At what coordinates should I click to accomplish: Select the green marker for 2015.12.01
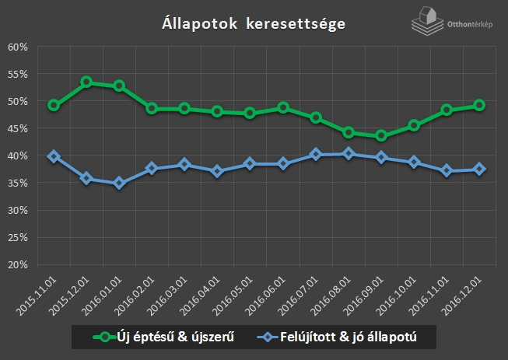click(x=86, y=82)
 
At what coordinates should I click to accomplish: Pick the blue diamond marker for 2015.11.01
click(x=54, y=156)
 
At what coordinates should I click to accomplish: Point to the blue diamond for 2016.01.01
click(x=119, y=183)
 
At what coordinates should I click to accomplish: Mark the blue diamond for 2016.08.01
click(x=349, y=154)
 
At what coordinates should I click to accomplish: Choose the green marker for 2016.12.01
click(x=480, y=105)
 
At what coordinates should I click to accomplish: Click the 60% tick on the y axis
click(x=18, y=47)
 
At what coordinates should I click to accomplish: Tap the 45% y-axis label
click(x=18, y=128)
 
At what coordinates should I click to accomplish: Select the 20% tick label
click(x=18, y=264)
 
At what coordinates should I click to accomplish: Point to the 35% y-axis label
click(x=18, y=183)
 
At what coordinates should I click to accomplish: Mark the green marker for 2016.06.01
click(x=283, y=108)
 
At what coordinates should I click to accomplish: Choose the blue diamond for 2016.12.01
click(x=480, y=169)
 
